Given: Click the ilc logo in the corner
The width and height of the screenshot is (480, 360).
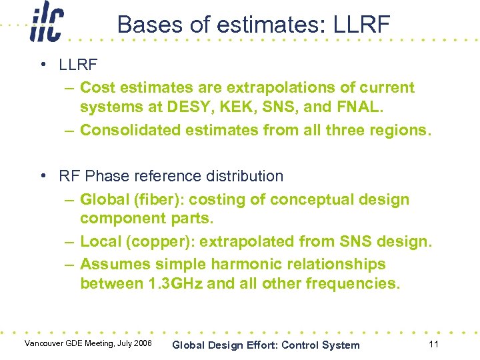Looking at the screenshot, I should tap(47, 25).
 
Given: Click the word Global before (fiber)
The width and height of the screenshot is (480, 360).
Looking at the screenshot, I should tap(103, 199).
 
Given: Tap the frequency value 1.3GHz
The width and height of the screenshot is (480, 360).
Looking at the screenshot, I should tap(174, 283).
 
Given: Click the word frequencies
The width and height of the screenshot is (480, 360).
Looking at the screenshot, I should tap(353, 283).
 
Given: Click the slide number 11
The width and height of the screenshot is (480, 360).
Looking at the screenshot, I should tap(434, 344).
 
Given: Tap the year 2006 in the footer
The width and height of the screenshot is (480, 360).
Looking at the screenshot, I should tap(141, 343).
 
